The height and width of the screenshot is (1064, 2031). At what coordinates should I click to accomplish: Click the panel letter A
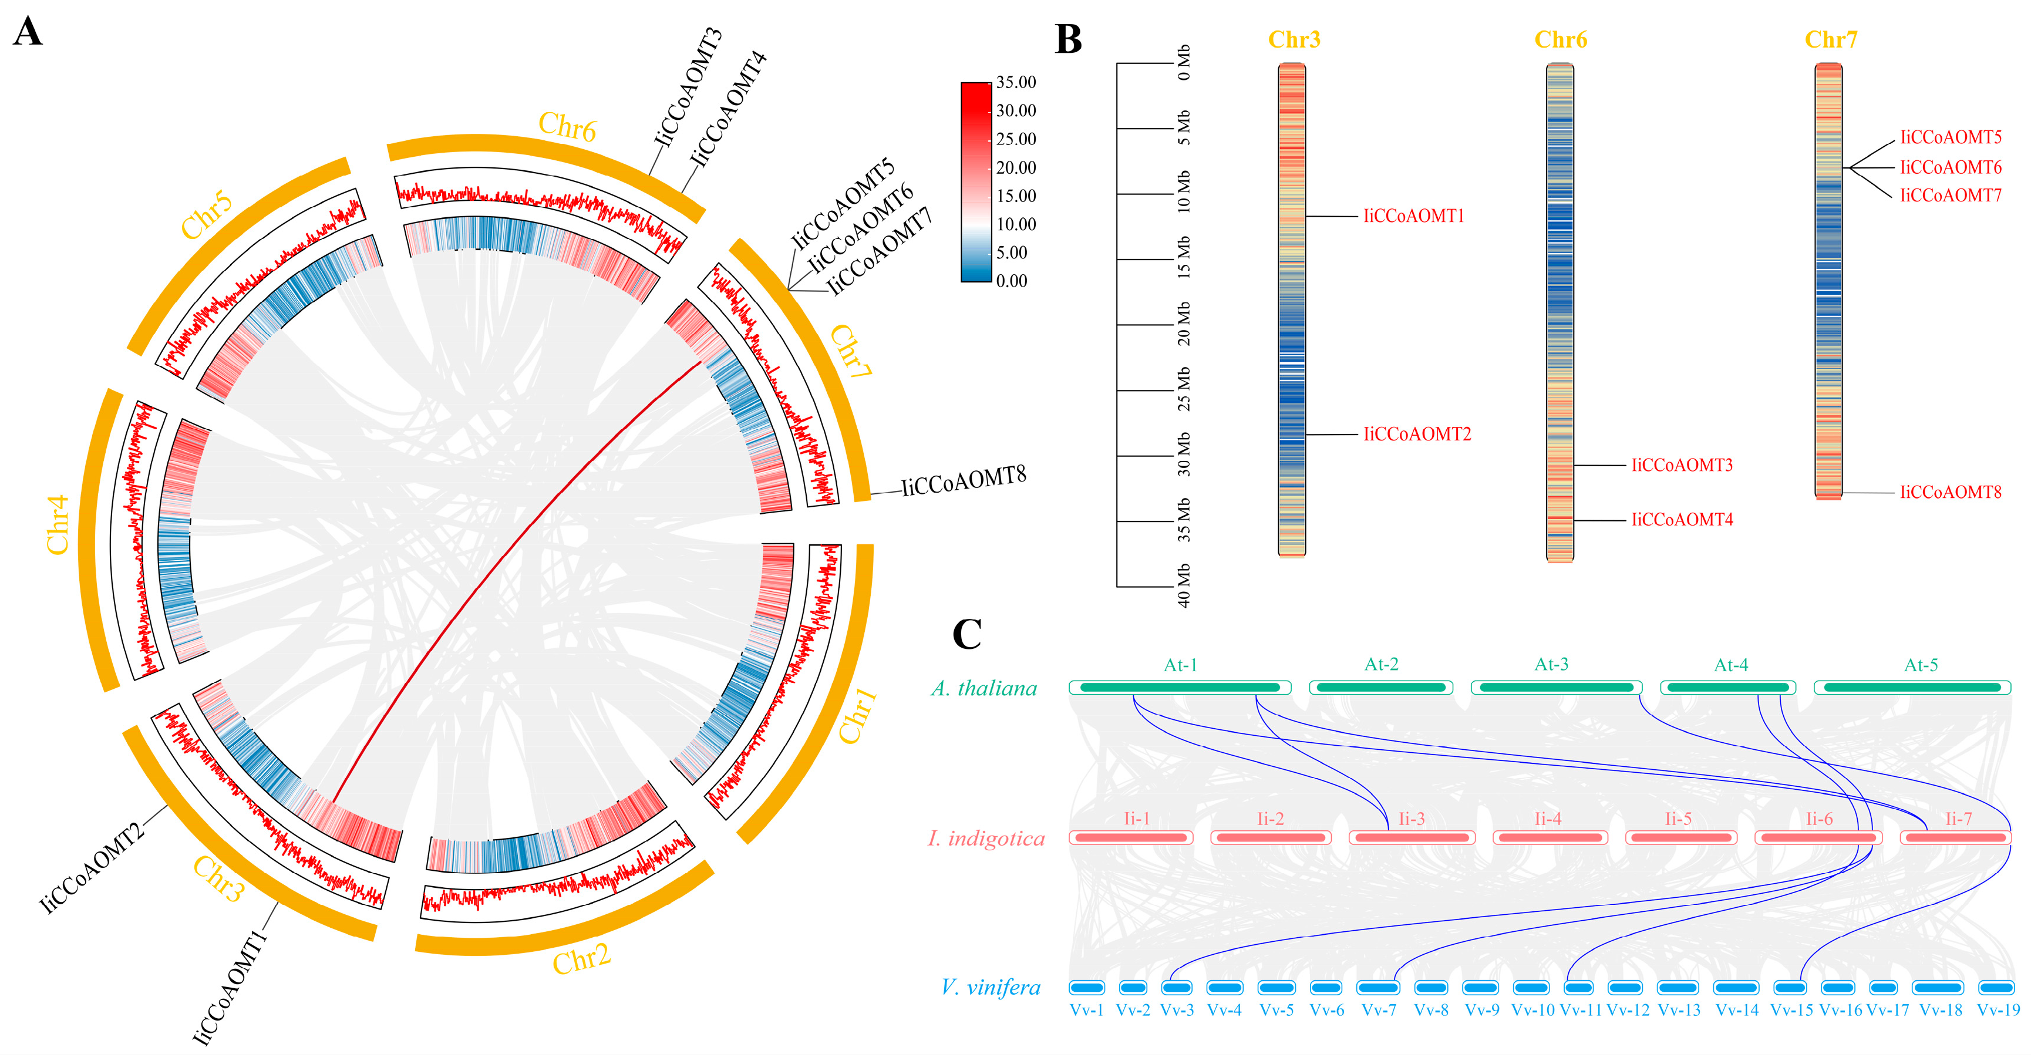(x=28, y=33)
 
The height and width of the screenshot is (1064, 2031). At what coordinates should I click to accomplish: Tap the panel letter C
(x=968, y=634)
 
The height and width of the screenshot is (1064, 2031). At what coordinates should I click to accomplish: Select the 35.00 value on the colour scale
(x=1016, y=82)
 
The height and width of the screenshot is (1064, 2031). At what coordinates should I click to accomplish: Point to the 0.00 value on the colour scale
(x=1012, y=281)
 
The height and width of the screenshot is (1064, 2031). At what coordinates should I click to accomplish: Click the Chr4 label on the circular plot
(x=58, y=524)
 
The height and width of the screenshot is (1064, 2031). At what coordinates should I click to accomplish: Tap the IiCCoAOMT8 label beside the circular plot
(x=964, y=481)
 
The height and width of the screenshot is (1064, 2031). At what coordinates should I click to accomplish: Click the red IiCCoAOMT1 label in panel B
(x=1414, y=216)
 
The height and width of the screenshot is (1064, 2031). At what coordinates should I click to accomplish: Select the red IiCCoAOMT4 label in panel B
(x=1682, y=520)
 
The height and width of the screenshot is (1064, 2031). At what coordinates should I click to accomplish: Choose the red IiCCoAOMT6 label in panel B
(x=1951, y=167)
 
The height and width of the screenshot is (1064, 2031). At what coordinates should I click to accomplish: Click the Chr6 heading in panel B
(x=1560, y=39)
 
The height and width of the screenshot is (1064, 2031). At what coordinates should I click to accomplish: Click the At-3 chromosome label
(x=1551, y=664)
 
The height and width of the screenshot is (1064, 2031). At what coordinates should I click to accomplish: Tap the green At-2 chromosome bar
(x=1380, y=688)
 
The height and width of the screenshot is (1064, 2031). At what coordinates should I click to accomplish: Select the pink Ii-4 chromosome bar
(x=1548, y=837)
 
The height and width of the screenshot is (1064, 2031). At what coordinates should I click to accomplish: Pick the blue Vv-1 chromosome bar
(x=1086, y=988)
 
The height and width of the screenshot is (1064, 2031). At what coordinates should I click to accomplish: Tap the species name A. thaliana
(x=984, y=689)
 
